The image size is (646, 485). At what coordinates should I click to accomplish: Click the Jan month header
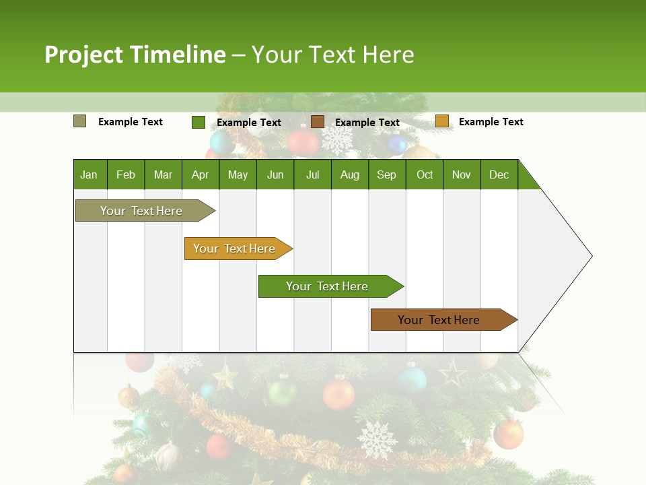89,174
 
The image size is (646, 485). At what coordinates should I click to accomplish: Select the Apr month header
200,174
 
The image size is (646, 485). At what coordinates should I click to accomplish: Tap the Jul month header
312,174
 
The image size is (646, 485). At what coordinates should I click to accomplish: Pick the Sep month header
386,174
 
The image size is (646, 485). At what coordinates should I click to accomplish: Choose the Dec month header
499,174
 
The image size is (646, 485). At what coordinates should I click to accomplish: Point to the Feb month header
126,174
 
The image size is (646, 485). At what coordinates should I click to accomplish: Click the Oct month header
425,174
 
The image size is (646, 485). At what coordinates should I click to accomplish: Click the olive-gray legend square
79,121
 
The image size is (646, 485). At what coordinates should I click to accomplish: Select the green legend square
198,122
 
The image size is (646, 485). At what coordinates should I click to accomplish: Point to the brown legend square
318,121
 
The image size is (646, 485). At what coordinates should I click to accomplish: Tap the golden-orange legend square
441,121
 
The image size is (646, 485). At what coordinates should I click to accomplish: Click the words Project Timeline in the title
135,55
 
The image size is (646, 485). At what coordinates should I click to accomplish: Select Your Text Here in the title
332,55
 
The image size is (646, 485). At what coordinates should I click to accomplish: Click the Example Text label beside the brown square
367,123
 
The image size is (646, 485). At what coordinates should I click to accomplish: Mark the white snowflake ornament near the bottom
377,440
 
